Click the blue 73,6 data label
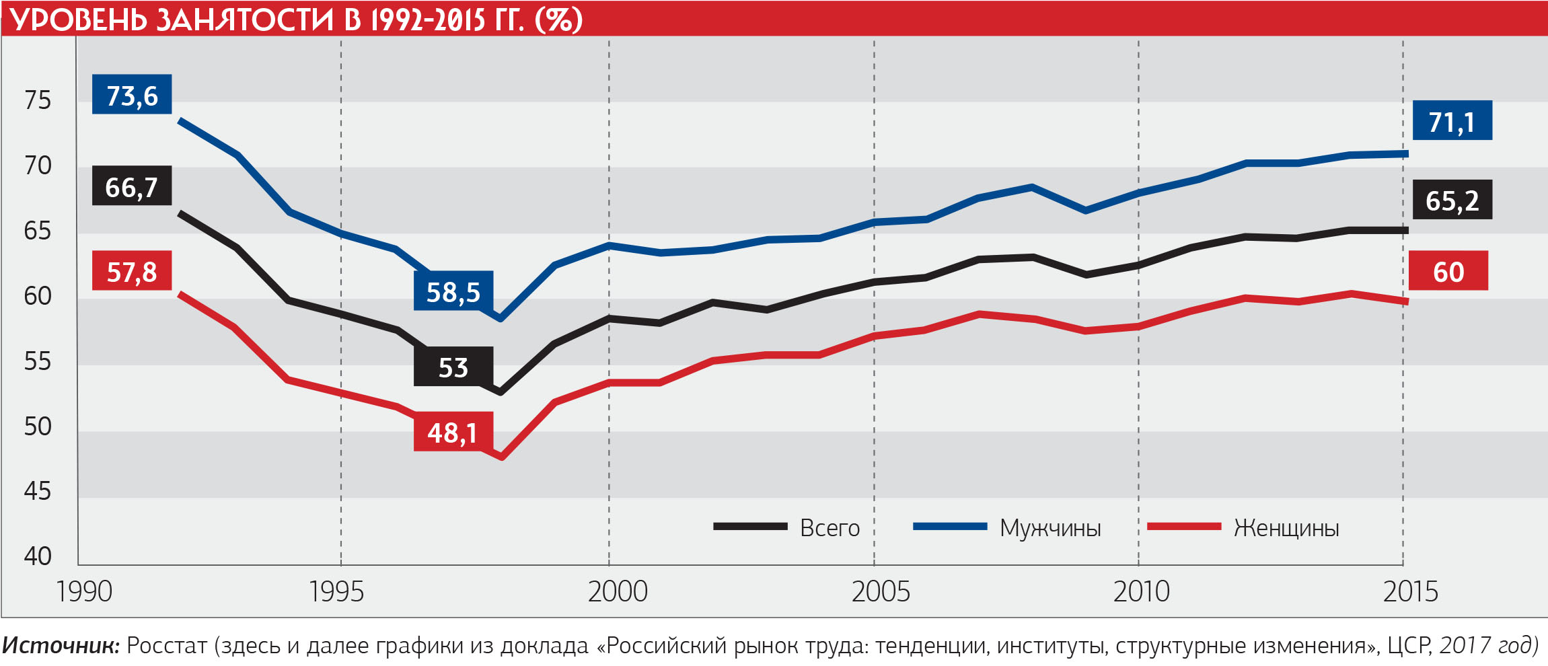(132, 95)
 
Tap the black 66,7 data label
(132, 186)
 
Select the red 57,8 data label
(132, 271)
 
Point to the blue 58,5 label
(453, 291)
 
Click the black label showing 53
(453, 367)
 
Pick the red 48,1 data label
(453, 432)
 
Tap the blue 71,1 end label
(1452, 121)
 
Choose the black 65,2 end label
(1452, 200)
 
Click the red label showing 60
(1448, 271)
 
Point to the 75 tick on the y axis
(38, 100)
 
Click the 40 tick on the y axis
(38, 556)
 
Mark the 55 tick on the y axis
(38, 361)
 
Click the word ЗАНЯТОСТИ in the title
(245, 20)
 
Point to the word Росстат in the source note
(166, 645)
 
